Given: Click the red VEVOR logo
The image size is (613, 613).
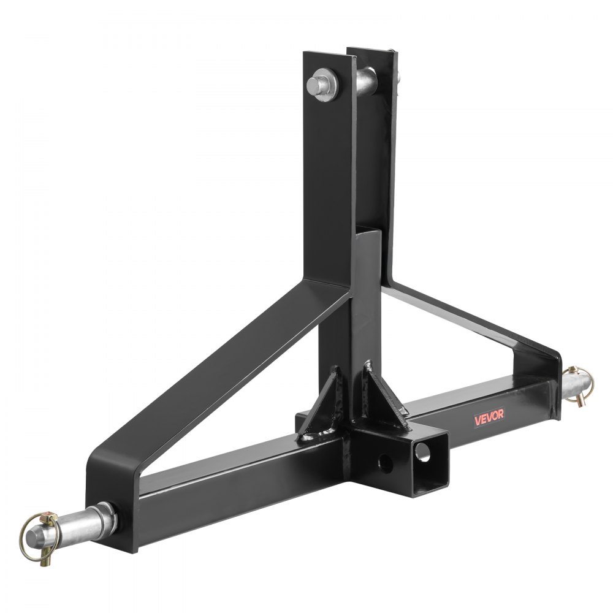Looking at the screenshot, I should tap(488, 416).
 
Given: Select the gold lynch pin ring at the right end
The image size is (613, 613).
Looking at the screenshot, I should tap(574, 384).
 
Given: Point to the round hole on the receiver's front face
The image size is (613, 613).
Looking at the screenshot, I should tap(385, 460).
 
